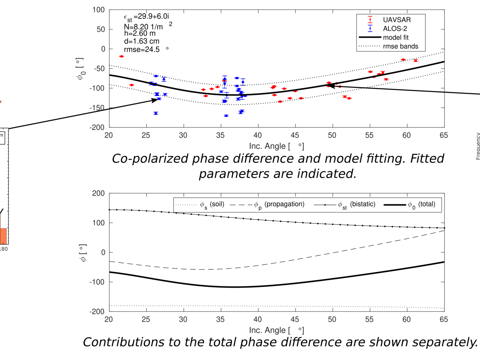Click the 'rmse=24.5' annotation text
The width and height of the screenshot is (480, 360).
[x=142, y=50]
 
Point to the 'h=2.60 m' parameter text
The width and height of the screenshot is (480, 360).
[x=140, y=34]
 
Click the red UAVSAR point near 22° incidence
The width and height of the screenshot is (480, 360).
[x=122, y=56]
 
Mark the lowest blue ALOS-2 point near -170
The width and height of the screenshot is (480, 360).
[x=226, y=116]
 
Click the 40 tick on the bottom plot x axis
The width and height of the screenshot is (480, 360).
[x=258, y=320]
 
